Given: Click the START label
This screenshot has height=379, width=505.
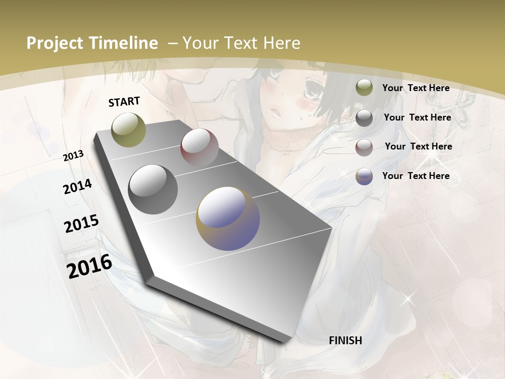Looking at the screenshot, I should (124, 102).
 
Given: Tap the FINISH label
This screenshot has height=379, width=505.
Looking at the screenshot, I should (345, 341).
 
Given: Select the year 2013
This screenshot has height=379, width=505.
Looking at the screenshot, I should (74, 156).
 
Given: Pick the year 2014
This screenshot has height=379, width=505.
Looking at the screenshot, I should (78, 186).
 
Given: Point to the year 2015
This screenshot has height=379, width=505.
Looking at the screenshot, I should (82, 224).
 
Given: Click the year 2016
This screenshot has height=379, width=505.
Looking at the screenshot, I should (89, 266).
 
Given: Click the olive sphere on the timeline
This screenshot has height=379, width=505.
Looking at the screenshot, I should (128, 129).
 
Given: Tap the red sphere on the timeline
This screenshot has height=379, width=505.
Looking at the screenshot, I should (199, 148).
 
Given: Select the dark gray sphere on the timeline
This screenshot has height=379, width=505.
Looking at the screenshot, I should (153, 189).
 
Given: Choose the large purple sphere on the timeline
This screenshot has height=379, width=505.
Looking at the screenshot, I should (228, 218).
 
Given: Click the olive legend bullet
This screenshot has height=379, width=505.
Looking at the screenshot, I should (364, 88).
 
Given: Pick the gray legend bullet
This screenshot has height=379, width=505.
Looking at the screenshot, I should (364, 118).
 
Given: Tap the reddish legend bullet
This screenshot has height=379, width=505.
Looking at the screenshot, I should (364, 147).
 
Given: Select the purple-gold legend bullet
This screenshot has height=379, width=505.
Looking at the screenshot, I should (364, 176).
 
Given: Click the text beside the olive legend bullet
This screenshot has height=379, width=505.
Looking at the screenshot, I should (416, 88).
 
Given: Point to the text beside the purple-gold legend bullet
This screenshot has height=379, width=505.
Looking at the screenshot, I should (416, 176).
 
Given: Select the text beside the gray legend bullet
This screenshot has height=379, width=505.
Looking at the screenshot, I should (417, 117).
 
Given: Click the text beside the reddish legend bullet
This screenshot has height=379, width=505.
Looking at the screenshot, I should (418, 146).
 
